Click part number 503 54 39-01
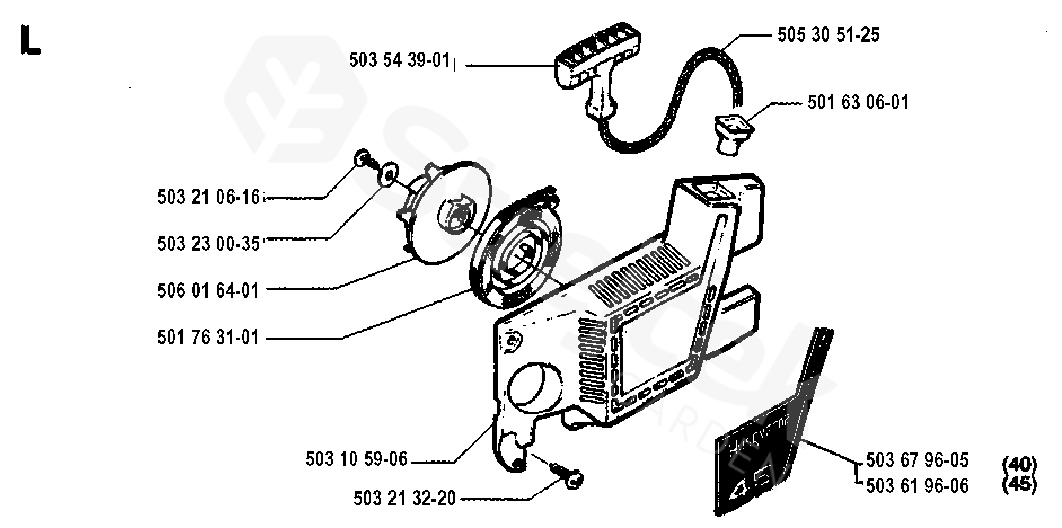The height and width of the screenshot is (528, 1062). pyautogui.click(x=399, y=60)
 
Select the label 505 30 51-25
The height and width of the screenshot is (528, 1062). pyautogui.click(x=828, y=35)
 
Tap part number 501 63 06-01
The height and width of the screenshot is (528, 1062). pyautogui.click(x=857, y=103)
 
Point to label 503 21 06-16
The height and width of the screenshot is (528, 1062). pyautogui.click(x=208, y=197)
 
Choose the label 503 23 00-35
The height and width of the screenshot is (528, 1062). pyautogui.click(x=208, y=243)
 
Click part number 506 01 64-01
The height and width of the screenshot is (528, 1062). pyautogui.click(x=208, y=290)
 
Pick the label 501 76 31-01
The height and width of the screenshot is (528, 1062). pyautogui.click(x=208, y=338)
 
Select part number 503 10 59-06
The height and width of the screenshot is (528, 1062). pyautogui.click(x=356, y=459)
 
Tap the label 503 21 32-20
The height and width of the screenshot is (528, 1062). pyautogui.click(x=404, y=499)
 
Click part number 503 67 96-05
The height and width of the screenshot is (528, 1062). pyautogui.click(x=917, y=460)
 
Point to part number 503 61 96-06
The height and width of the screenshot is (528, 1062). pyautogui.click(x=917, y=486)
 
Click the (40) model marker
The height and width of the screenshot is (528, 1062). pyautogui.click(x=1020, y=464)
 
